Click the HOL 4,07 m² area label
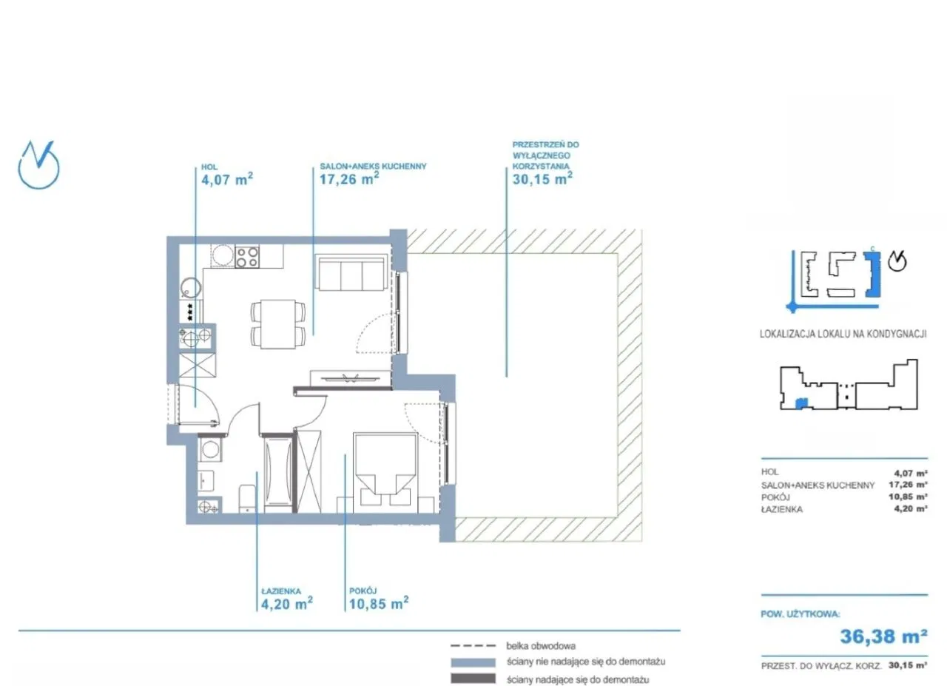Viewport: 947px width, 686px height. (x=227, y=175)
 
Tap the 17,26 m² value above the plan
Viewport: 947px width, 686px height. (x=348, y=179)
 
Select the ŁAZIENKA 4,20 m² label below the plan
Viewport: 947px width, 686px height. (x=287, y=599)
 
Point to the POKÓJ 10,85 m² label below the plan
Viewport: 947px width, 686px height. (x=379, y=599)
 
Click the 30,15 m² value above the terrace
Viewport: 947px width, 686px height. (x=542, y=179)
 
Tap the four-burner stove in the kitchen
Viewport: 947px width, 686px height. (x=247, y=257)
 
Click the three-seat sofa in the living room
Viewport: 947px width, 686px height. (x=351, y=272)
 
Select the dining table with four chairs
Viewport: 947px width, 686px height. (x=278, y=324)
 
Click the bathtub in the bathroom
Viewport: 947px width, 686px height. (x=277, y=472)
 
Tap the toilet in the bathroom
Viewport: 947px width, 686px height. (x=247, y=499)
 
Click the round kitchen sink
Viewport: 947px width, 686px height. (x=191, y=289)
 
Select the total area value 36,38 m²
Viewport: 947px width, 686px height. (x=883, y=636)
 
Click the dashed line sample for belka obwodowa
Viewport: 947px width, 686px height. (x=473, y=646)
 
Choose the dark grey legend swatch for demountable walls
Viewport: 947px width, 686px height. (x=473, y=679)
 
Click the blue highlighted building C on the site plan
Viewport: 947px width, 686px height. (x=872, y=274)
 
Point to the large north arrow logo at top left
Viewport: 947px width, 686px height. (x=38, y=165)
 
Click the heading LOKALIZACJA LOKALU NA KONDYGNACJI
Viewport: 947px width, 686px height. (x=843, y=334)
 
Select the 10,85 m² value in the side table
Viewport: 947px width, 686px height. (x=908, y=497)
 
